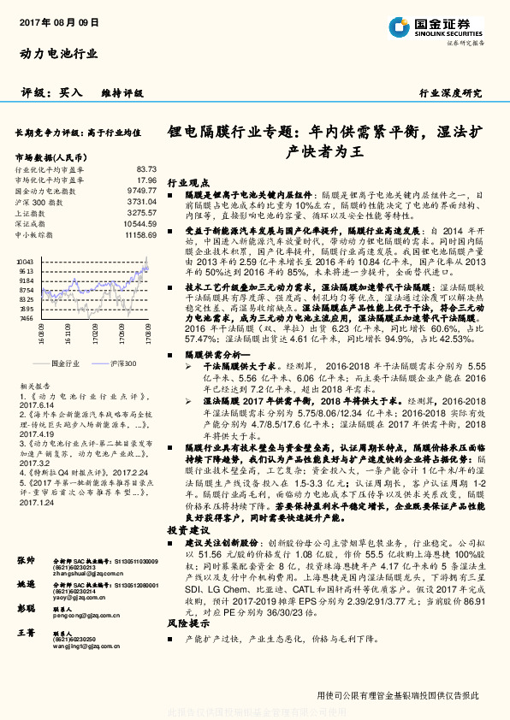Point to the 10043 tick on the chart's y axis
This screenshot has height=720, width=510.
coord(25,261)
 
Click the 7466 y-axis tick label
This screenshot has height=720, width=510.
coord(26,317)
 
